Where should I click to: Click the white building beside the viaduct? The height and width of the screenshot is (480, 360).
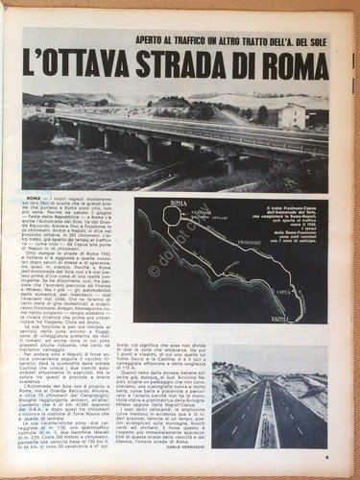(x=292, y=116)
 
